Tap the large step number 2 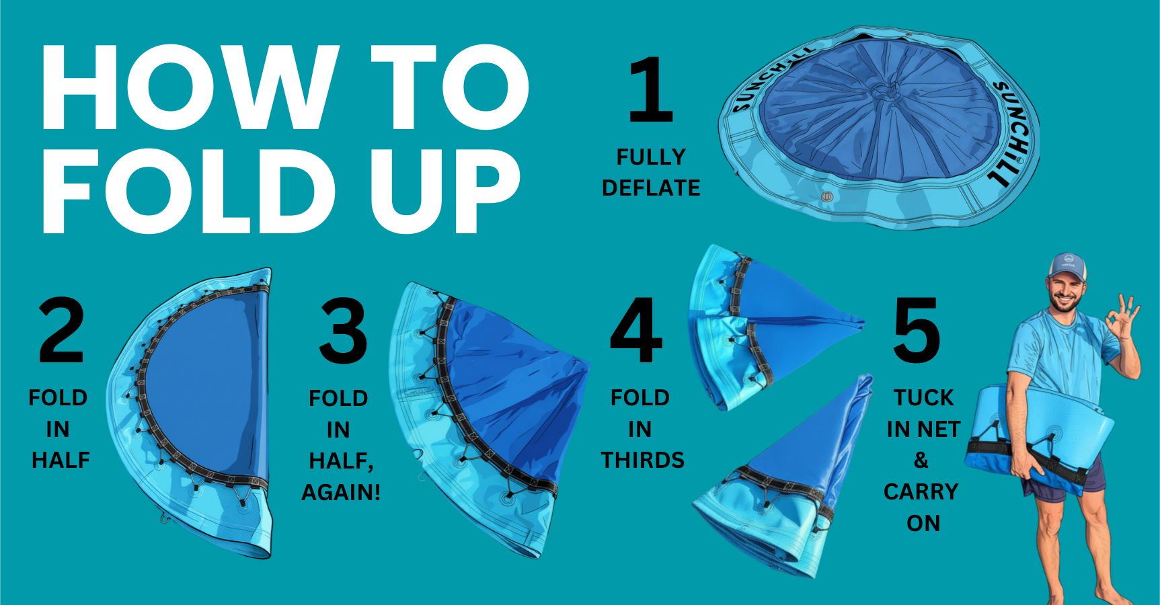pyautogui.click(x=62, y=330)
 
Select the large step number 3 pyautogui.click(x=344, y=331)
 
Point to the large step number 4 pyautogui.click(x=636, y=330)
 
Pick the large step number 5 pyautogui.click(x=917, y=330)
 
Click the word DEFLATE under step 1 pyautogui.click(x=651, y=188)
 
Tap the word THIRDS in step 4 pyautogui.click(x=642, y=460)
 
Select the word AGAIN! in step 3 pyautogui.click(x=341, y=492)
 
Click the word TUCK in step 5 pyautogui.click(x=924, y=397)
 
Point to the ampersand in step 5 pyautogui.click(x=921, y=460)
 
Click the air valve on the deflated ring pyautogui.click(x=827, y=197)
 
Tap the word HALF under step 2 pyautogui.click(x=61, y=460)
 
